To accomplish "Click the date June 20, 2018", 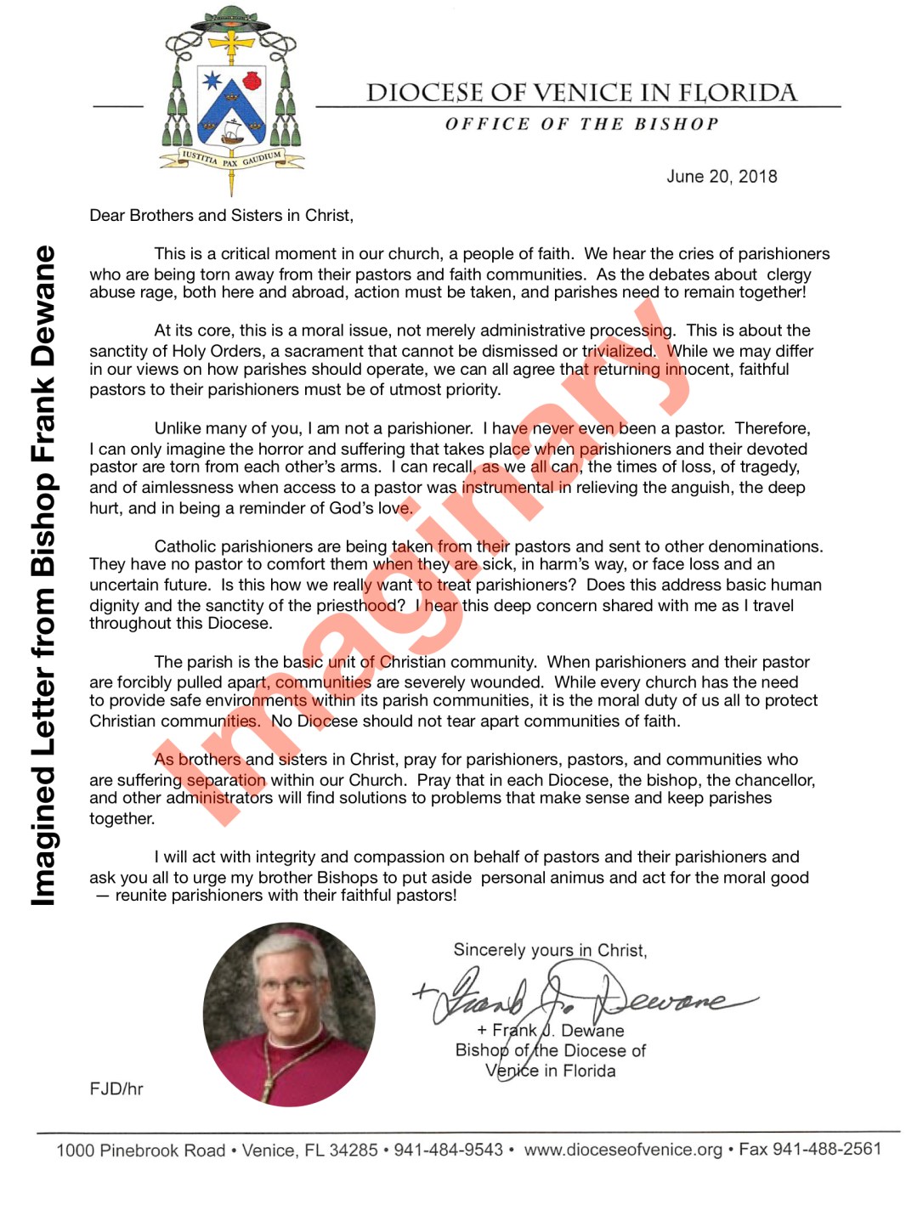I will click(722, 177).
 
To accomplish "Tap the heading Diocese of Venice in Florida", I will click(581, 93).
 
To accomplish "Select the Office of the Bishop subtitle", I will click(581, 124).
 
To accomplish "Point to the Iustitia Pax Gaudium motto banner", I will click(230, 159).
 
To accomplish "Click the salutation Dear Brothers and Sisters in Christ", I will click(221, 216).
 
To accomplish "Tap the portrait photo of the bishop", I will click(289, 1015).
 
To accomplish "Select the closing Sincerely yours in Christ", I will click(550, 950).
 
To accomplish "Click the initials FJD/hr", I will click(116, 1089).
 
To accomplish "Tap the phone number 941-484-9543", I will click(448, 1151).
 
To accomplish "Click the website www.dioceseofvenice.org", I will click(623, 1150).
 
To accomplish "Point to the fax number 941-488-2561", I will click(826, 1149).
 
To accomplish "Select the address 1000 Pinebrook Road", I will click(140, 1151).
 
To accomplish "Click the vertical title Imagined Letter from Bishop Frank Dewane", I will click(43, 576).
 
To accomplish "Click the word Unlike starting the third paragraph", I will click(179, 428).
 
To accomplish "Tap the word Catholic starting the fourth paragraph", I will click(185, 546).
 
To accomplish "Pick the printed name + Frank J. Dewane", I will click(551, 1031).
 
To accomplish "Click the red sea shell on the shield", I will click(251, 81).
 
